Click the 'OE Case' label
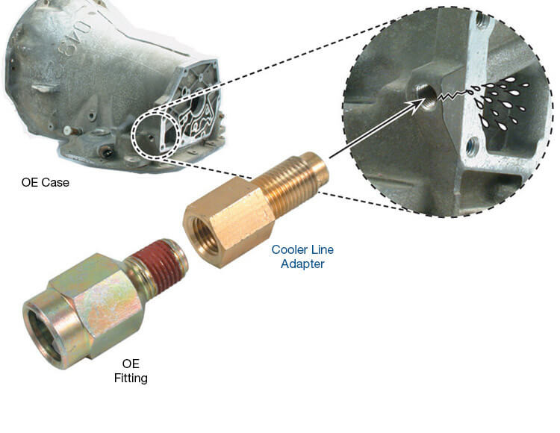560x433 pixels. click(x=46, y=182)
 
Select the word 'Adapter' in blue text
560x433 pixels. click(x=302, y=264)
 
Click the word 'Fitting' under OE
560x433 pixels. click(x=131, y=378)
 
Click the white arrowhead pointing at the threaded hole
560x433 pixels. click(x=416, y=105)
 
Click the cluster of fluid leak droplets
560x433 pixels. click(x=503, y=103)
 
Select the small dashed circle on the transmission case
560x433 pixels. click(x=155, y=134)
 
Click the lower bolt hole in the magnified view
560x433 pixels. click(x=472, y=147)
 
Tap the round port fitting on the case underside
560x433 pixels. click(x=107, y=153)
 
